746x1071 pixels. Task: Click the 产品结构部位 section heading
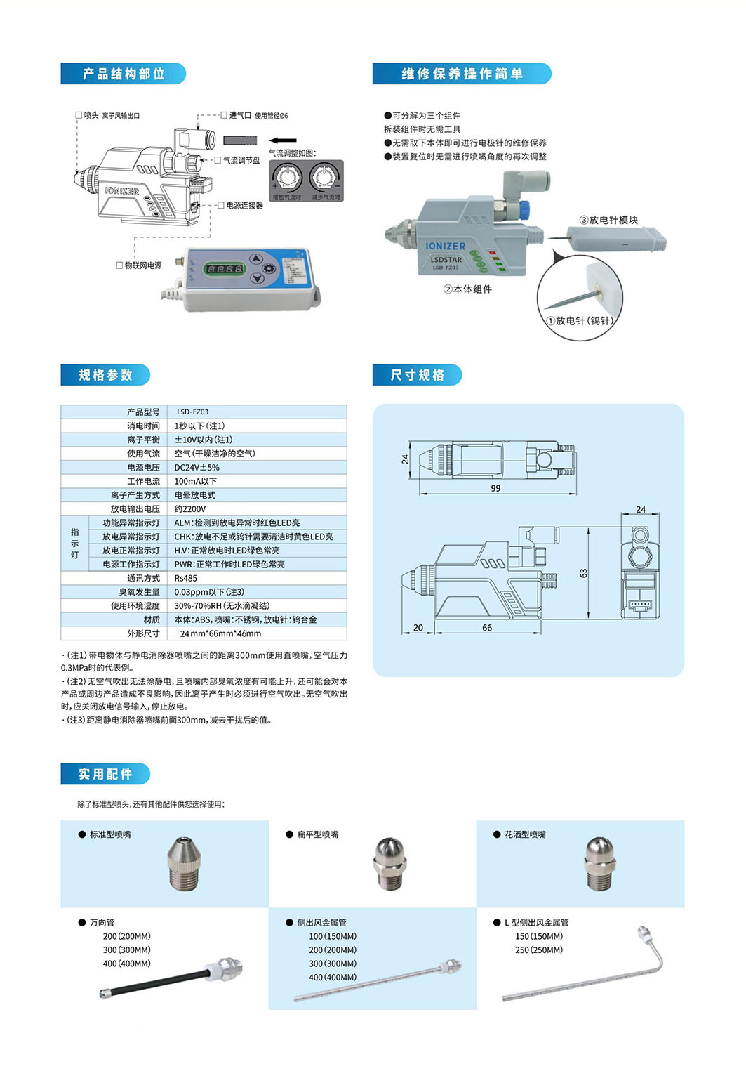(x=124, y=74)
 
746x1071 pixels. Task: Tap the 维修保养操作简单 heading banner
(x=462, y=74)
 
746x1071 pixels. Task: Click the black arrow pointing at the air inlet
(x=283, y=140)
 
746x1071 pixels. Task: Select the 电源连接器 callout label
(x=244, y=206)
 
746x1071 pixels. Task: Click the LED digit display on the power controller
(x=224, y=269)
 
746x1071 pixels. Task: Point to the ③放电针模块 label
(x=608, y=220)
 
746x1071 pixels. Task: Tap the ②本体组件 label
(x=467, y=289)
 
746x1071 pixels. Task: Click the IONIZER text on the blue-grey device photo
(x=445, y=247)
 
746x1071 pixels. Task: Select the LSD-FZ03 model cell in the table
(x=192, y=412)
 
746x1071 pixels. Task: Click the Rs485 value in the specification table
(x=185, y=579)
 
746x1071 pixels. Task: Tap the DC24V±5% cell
(x=197, y=468)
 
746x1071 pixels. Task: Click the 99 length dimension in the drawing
(x=495, y=488)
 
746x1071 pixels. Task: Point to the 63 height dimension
(x=583, y=573)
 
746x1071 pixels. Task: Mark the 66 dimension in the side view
(x=487, y=628)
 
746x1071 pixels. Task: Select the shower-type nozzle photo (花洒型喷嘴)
(x=599, y=864)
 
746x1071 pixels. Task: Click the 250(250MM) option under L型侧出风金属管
(x=539, y=950)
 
